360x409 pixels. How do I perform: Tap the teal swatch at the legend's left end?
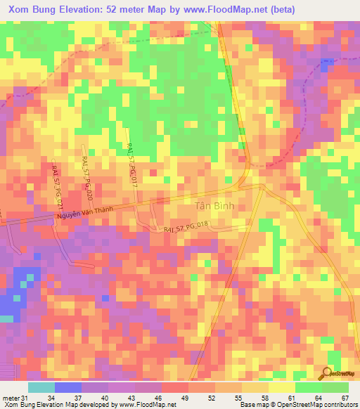(x=41, y=388)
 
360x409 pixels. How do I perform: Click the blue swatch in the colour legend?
(x=67, y=388)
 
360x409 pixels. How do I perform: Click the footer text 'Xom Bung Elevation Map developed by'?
(x=60, y=404)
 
